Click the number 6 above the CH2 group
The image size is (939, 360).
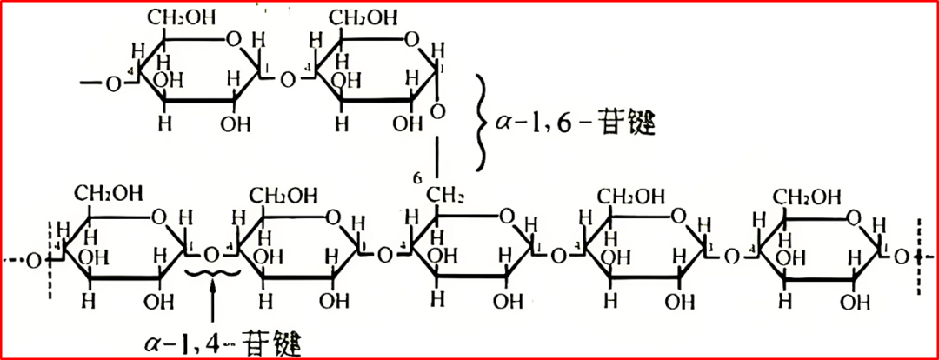point(418,178)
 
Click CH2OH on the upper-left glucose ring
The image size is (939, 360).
point(182,17)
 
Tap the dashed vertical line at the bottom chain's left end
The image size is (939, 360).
point(59,257)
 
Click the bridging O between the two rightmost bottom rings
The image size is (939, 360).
point(732,257)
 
